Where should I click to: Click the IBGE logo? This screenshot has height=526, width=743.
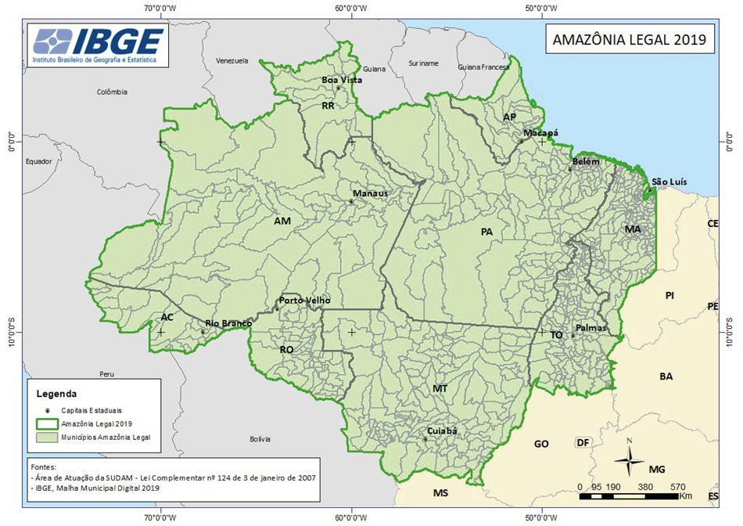(99, 45)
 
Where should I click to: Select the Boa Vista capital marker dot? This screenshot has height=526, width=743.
(339, 88)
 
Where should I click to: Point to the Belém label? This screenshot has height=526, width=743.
(586, 161)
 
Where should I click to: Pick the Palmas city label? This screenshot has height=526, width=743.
(590, 328)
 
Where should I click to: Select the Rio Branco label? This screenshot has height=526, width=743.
(228, 322)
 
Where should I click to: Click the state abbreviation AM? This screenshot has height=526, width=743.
(282, 222)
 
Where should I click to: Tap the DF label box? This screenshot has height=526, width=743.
(582, 442)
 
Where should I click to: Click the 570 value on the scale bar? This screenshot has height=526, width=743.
(678, 485)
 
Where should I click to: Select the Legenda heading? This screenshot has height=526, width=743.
(56, 393)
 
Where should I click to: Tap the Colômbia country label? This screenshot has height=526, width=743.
(112, 92)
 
